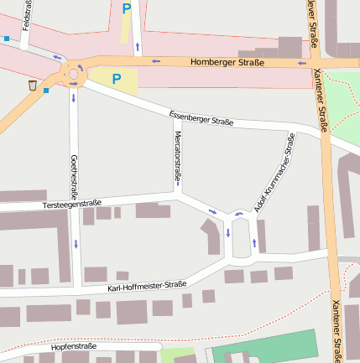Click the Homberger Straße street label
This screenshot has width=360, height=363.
coord(227,62)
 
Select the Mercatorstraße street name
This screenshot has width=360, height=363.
coord(177,157)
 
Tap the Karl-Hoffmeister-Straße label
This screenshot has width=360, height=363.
coord(147,287)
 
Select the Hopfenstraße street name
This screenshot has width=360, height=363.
coord(74,345)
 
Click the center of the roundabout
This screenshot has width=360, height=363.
coord(74,72)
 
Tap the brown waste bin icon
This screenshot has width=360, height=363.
coord(32,86)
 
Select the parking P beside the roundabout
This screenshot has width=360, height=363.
coord(117,80)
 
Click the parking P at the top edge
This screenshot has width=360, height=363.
coord(127,9)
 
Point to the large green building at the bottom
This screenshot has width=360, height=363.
coord(265,347)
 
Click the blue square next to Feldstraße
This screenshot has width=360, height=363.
coord(7,38)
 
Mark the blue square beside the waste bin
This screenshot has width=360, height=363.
coord(46,91)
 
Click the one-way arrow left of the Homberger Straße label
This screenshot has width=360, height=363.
coord(155,61)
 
